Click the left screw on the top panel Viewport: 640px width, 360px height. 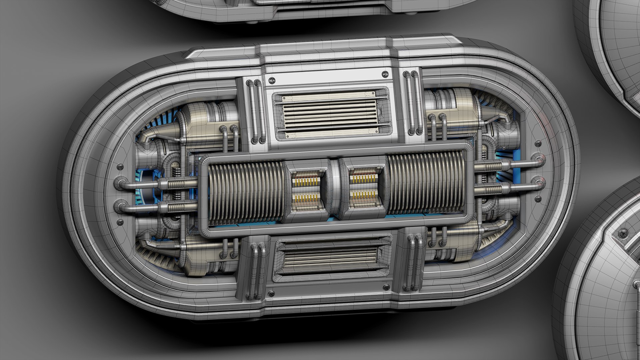[x=272, y=80]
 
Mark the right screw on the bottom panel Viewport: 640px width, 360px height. [x=387, y=287]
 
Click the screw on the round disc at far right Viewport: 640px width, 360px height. [x=623, y=233]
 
